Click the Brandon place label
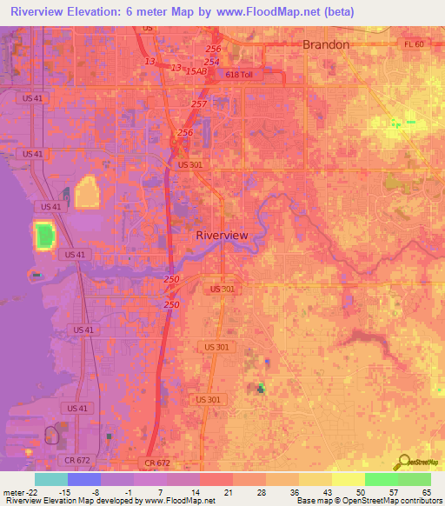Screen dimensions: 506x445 [325, 44]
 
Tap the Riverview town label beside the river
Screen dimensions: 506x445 [222, 236]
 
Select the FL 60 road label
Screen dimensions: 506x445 [414, 44]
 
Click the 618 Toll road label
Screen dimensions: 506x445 [238, 75]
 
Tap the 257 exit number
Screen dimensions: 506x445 [200, 103]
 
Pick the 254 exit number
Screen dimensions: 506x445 [212, 62]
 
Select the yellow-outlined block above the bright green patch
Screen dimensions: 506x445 [88, 192]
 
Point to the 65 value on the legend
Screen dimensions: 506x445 [426, 493]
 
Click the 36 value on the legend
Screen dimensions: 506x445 [294, 493]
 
